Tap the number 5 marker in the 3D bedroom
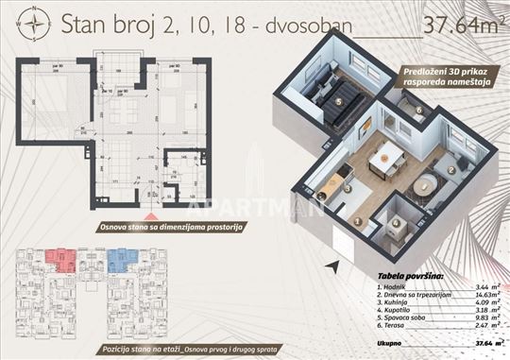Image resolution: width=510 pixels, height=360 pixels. pyautogui.click(x=338, y=98)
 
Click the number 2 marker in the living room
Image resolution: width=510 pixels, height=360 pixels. pyautogui.click(x=451, y=170)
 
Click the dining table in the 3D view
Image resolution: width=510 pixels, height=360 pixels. pyautogui.click(x=386, y=160)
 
